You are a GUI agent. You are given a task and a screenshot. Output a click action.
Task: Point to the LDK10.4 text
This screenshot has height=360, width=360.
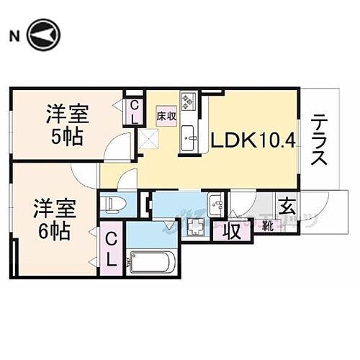pos(253,140)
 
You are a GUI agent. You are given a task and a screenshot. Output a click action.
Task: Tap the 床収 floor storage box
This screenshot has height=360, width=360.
pos(166,115)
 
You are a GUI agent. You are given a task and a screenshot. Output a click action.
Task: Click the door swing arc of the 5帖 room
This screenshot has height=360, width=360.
pos(115,150)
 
